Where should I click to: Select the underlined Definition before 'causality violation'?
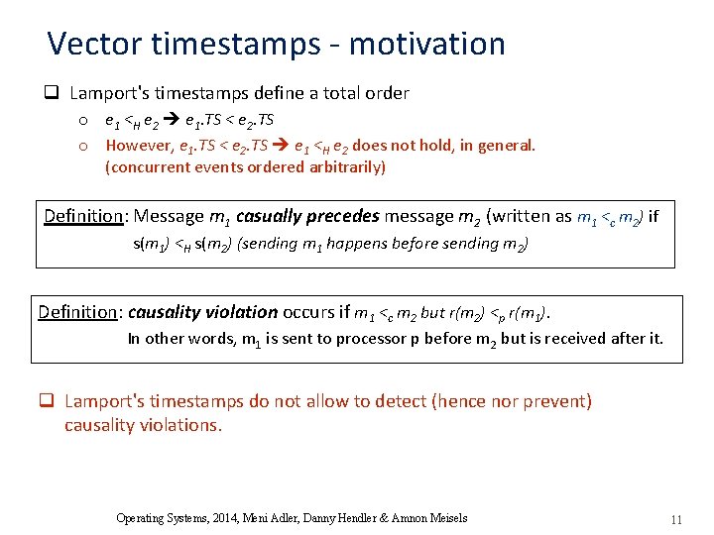pyautogui.click(x=77, y=312)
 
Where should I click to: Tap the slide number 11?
pyautogui.click(x=676, y=519)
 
